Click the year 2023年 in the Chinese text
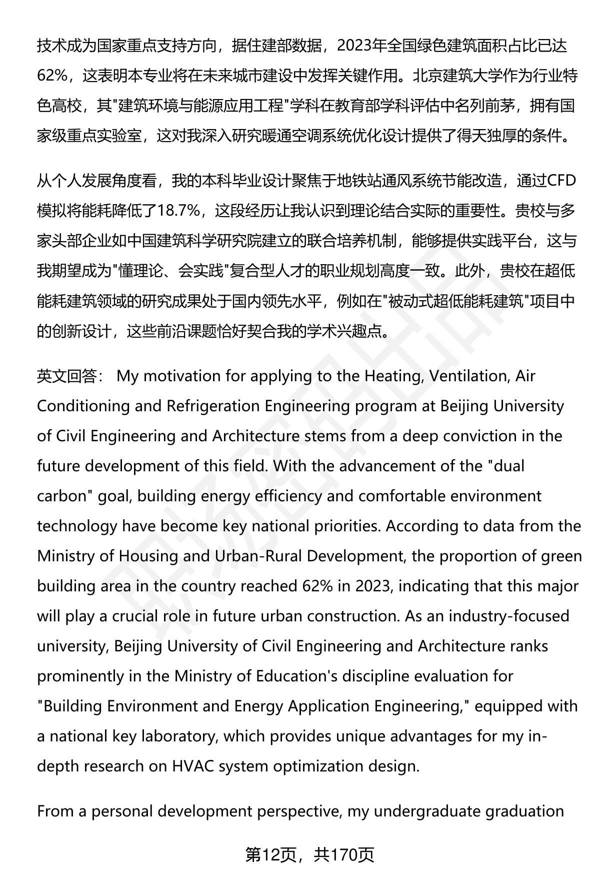pos(361,46)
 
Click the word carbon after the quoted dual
pos(62,496)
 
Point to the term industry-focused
pos(509,616)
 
